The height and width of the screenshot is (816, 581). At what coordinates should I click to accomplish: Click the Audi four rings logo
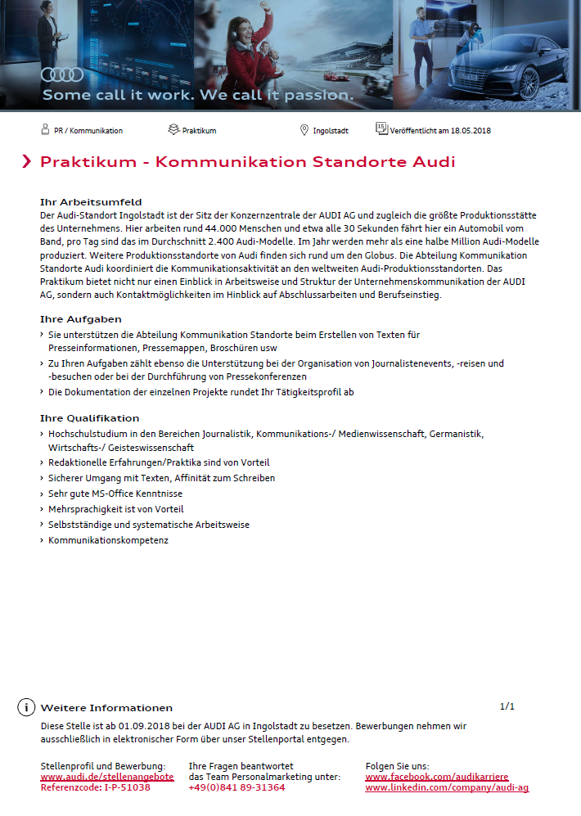click(62, 74)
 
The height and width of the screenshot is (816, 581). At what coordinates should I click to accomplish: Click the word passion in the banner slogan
click(317, 95)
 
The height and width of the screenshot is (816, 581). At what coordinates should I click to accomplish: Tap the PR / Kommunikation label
click(88, 130)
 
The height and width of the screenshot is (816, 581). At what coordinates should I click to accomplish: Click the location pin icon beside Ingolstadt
click(304, 130)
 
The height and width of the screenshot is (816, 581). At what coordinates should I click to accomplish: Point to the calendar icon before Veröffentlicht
click(381, 128)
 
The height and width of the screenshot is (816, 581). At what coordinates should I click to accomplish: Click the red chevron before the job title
click(27, 161)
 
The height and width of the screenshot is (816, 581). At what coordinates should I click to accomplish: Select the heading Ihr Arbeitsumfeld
click(91, 201)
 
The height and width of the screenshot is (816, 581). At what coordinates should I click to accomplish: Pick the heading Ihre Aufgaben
click(81, 319)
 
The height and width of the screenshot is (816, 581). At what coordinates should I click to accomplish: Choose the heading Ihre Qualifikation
click(89, 418)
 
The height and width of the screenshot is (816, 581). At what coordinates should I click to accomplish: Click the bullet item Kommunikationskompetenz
click(108, 540)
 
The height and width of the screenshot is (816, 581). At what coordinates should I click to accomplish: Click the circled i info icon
click(26, 708)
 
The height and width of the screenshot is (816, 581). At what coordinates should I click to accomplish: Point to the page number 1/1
click(507, 706)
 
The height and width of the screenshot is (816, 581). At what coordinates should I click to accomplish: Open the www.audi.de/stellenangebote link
click(106, 776)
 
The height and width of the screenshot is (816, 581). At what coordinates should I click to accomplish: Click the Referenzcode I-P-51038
click(95, 787)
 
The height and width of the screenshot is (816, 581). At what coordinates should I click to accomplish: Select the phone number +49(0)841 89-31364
click(236, 787)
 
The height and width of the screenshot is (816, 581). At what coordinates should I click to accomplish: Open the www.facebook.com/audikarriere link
click(436, 776)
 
